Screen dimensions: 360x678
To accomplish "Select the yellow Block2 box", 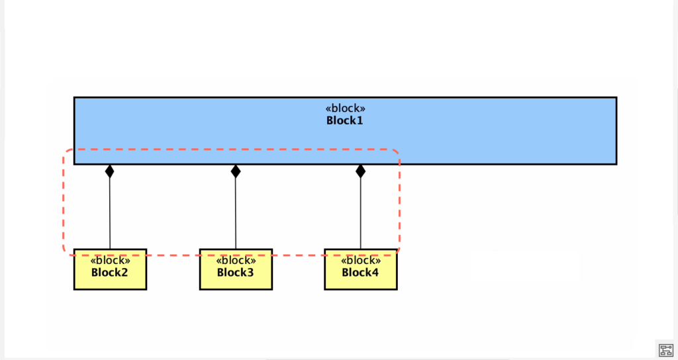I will point(110,281).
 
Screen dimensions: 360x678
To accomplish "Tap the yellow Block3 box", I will point(236,281).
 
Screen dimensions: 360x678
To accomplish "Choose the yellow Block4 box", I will point(360,281).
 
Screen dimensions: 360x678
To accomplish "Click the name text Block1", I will point(345,120).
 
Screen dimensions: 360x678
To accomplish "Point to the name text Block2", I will point(110,272).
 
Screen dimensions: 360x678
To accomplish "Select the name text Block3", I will point(236,272).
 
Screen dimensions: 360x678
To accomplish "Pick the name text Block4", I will point(360,272).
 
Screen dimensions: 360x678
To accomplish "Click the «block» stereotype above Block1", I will point(345,109).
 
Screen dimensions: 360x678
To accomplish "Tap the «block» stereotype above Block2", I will point(110,261).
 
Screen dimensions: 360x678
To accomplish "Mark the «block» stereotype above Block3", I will point(236,261).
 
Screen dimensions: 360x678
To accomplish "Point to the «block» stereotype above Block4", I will point(360,261).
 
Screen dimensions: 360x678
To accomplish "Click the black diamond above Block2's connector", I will point(110,171).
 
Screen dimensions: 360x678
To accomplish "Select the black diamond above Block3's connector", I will point(236,171).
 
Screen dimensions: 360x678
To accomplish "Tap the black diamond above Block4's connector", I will point(360,171).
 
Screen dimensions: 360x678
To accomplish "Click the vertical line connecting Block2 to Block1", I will point(110,212).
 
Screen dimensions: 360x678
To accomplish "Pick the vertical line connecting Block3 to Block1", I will point(236,212).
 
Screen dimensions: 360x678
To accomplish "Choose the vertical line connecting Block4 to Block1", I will point(360,212).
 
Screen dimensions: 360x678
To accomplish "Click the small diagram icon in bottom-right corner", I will point(665,349).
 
